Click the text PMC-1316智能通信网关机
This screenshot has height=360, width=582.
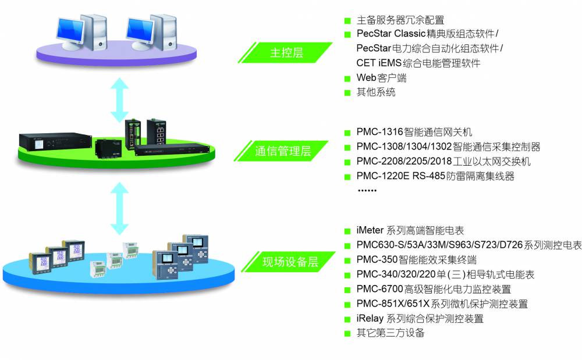(414, 132)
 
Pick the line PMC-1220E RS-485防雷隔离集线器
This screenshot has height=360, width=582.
(435, 176)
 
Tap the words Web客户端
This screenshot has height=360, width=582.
(381, 77)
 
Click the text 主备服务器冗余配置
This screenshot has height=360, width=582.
(400, 20)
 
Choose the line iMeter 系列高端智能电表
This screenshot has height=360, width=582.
(410, 231)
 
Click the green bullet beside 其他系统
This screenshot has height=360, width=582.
(347, 92)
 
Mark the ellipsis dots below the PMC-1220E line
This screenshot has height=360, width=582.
(367, 190)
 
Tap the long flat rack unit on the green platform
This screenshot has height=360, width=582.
(172, 149)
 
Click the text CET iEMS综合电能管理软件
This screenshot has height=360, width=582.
(418, 63)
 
